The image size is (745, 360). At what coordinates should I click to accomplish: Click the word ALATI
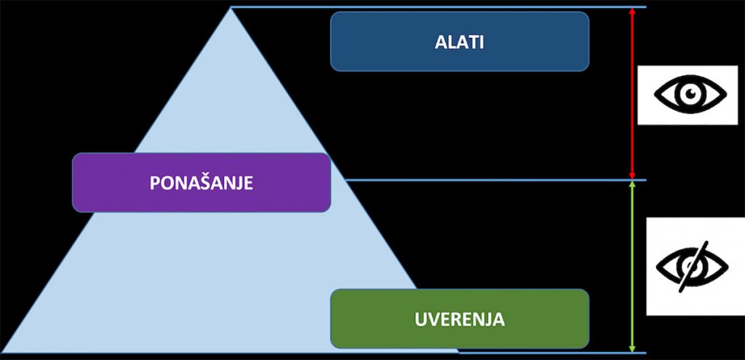click(x=459, y=42)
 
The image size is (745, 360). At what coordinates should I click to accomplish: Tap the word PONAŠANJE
click(x=202, y=183)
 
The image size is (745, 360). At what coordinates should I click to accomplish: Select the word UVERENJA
click(x=460, y=319)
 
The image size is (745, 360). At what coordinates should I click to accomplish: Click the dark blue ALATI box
click(x=460, y=42)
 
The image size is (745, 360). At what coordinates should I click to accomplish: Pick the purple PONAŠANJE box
click(x=202, y=182)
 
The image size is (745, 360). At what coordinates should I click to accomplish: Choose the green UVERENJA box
click(x=460, y=318)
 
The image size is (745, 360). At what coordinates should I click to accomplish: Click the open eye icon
click(x=690, y=94)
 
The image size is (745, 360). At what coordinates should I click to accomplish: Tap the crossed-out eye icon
click(x=692, y=266)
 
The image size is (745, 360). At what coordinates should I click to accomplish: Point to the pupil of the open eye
click(x=690, y=93)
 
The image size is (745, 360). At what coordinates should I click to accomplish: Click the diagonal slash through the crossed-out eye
click(x=693, y=266)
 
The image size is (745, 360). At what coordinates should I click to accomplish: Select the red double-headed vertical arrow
click(x=632, y=93)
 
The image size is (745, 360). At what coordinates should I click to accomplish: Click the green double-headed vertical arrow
click(x=632, y=267)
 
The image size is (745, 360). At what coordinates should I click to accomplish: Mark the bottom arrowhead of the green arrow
click(x=632, y=349)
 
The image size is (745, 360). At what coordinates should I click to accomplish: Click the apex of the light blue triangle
click(x=231, y=7)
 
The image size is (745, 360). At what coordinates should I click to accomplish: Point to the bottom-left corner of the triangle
click(x=2, y=353)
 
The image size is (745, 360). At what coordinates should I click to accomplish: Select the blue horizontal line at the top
click(x=439, y=7)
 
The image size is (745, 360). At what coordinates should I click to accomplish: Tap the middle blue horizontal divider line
click(x=496, y=180)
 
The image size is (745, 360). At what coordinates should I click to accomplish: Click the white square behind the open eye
click(x=688, y=95)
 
